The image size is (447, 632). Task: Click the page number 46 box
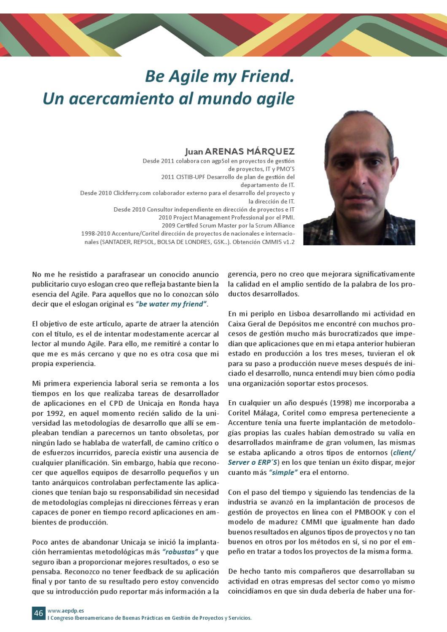point(38,613)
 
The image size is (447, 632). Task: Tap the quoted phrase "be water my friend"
point(171,304)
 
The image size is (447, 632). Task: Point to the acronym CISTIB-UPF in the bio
point(188,177)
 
